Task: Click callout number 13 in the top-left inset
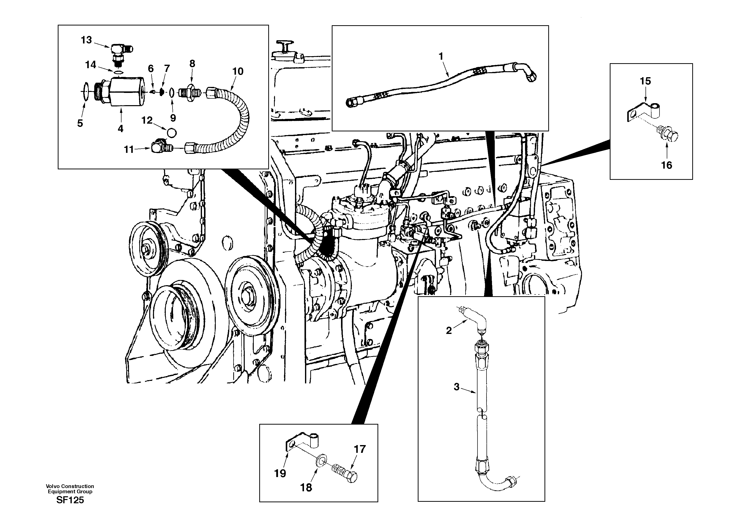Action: (x=86, y=40)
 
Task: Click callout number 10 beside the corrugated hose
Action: (x=238, y=71)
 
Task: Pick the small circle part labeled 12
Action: (x=172, y=133)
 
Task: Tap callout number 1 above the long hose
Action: (x=441, y=56)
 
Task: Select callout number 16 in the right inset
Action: (x=666, y=165)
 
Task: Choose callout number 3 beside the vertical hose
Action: (x=456, y=387)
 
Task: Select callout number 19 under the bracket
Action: (x=280, y=474)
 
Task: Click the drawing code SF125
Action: (x=70, y=500)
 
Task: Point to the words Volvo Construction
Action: (x=70, y=486)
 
